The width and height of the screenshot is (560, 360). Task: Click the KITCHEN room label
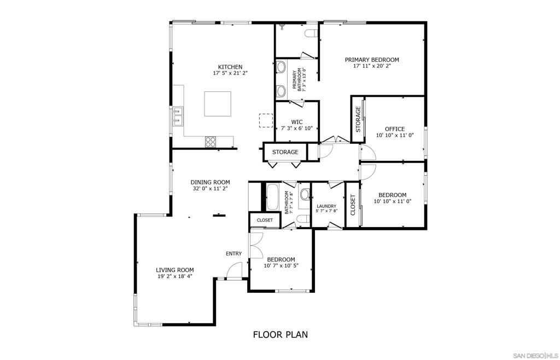pos(230,67)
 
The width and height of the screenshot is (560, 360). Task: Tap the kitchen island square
pos(218,104)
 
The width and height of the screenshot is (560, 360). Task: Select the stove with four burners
pos(211,142)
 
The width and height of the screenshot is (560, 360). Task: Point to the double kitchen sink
pos(178,117)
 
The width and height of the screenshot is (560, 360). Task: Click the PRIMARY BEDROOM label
pos(372,60)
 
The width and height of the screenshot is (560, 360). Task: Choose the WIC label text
pos(297,122)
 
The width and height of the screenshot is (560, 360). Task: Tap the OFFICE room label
pos(395,129)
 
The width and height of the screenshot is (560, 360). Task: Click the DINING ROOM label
pos(210,182)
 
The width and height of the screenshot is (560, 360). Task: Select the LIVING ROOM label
pos(174,270)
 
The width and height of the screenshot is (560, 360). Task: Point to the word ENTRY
pos(234,253)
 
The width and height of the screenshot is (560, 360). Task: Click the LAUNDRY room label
pos(326,206)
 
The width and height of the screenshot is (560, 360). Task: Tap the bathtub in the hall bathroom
pos(274,198)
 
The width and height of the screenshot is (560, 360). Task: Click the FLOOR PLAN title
pos(281,335)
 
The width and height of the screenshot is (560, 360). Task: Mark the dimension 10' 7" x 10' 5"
pos(281,266)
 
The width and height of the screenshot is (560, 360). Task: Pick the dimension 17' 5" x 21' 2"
pos(230,73)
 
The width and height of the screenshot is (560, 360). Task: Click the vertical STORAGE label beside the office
pos(358,119)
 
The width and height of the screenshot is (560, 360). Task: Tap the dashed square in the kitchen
pos(266,120)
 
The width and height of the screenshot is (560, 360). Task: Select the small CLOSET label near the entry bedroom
pos(265,220)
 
